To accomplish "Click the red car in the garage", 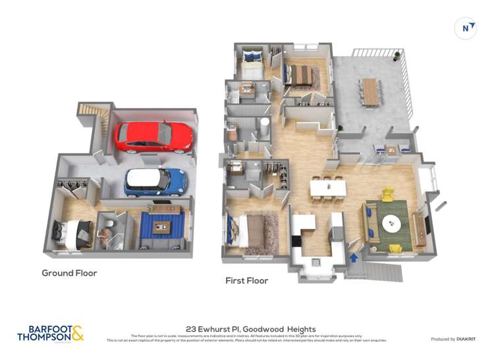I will (x=153, y=136).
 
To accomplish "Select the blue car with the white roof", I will (x=155, y=182).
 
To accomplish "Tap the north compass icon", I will (x=466, y=28).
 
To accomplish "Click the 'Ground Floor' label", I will (x=69, y=272).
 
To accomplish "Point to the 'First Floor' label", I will (x=247, y=280).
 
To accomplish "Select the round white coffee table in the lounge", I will (x=394, y=225).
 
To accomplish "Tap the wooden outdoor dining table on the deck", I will (x=371, y=91).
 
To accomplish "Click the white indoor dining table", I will (x=328, y=188).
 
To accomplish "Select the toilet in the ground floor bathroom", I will (x=107, y=232).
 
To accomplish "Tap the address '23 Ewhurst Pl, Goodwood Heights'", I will (x=251, y=329).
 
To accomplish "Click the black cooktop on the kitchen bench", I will (x=296, y=241).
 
